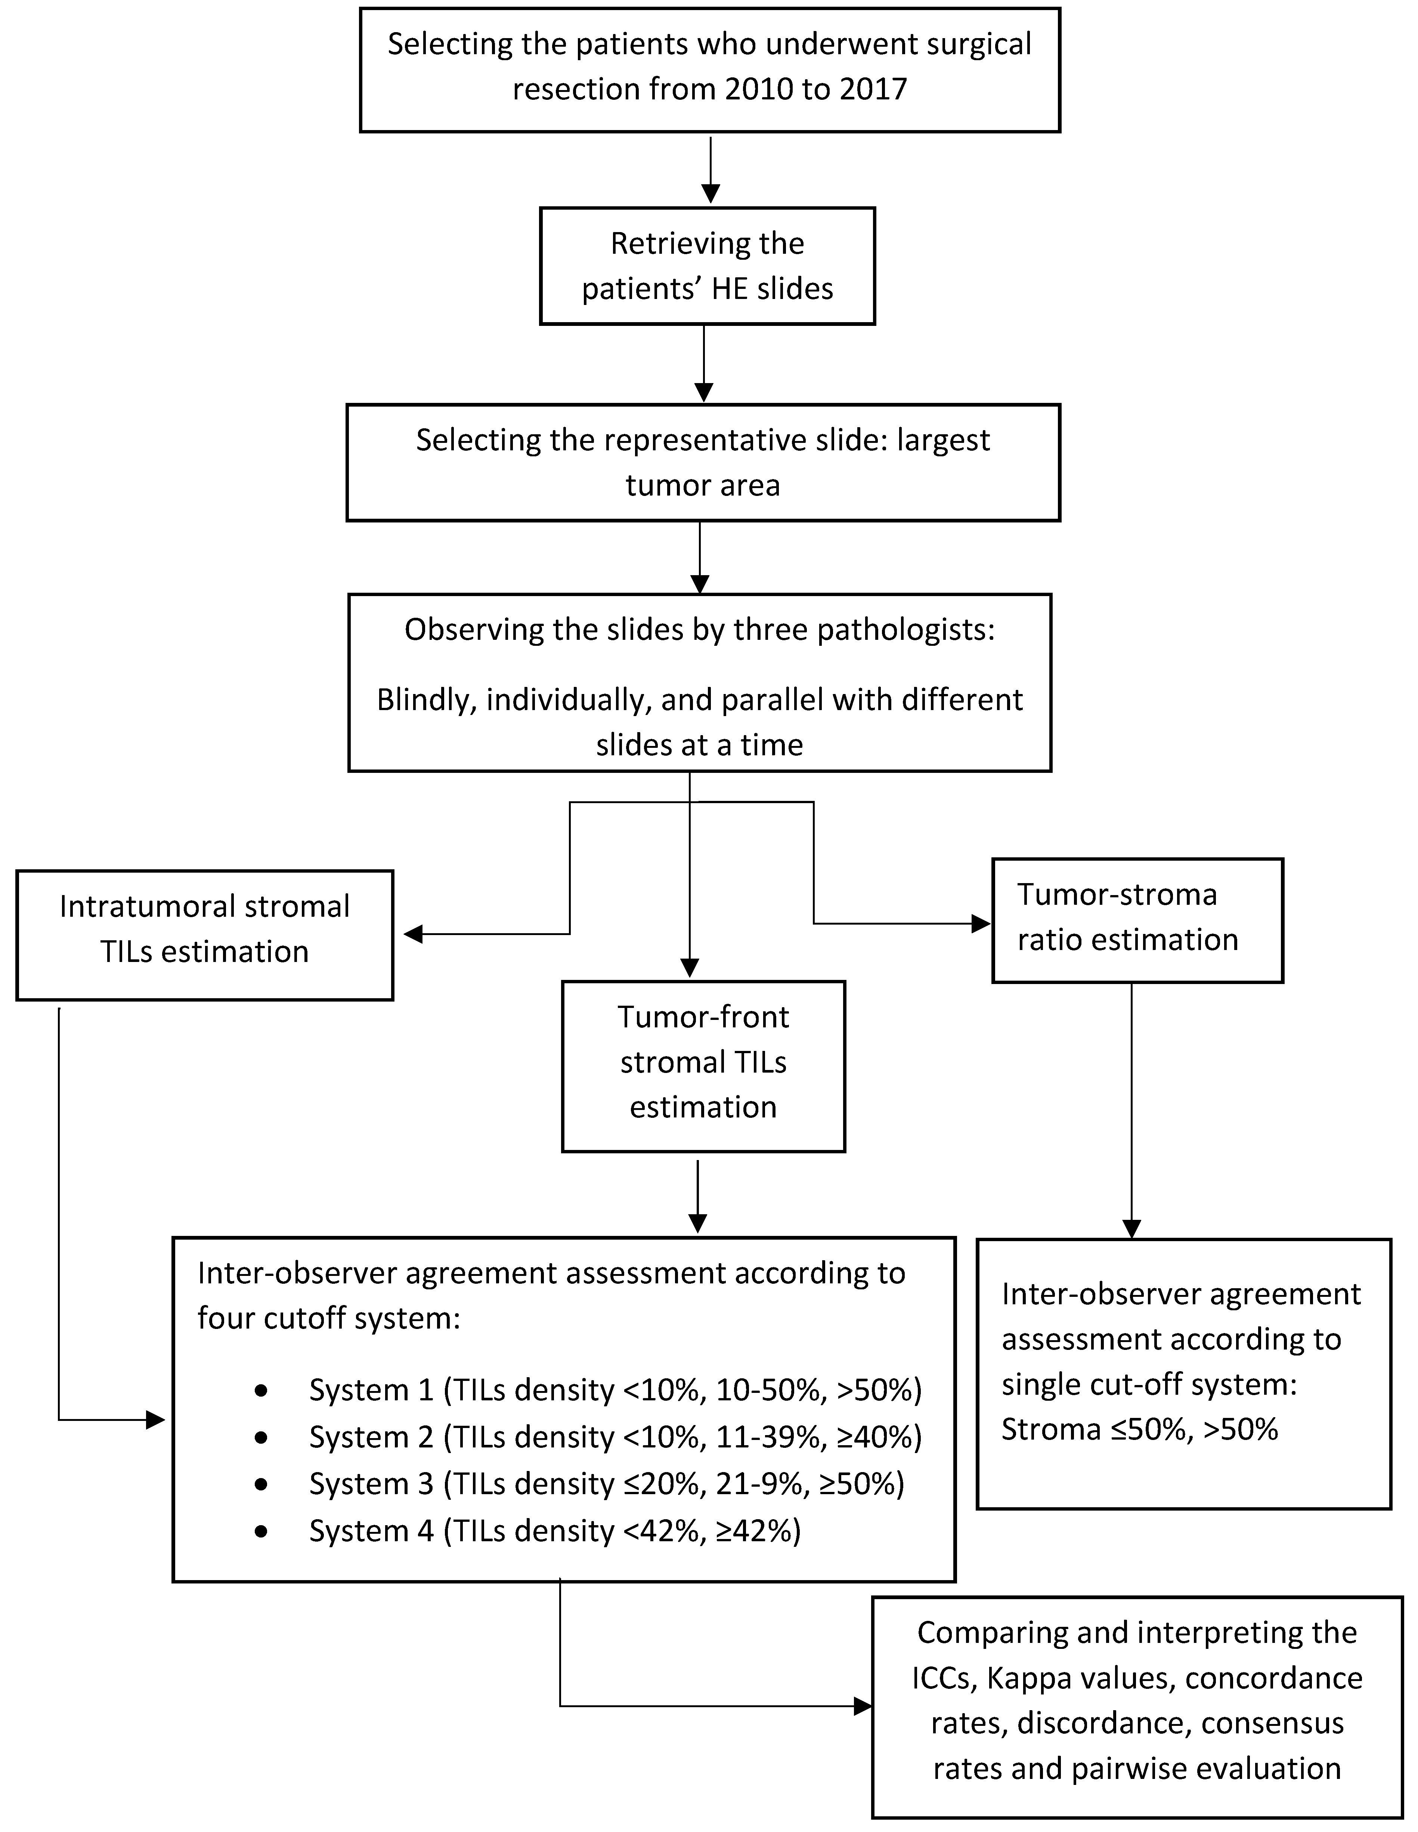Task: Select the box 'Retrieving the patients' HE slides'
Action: pos(707,266)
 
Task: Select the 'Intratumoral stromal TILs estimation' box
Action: pos(205,934)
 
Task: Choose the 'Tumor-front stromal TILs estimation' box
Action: pos(703,1065)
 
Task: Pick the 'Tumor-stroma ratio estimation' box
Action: pos(1137,920)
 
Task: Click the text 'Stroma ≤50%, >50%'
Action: pos(1140,1429)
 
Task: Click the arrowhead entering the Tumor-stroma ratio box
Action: pos(981,923)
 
